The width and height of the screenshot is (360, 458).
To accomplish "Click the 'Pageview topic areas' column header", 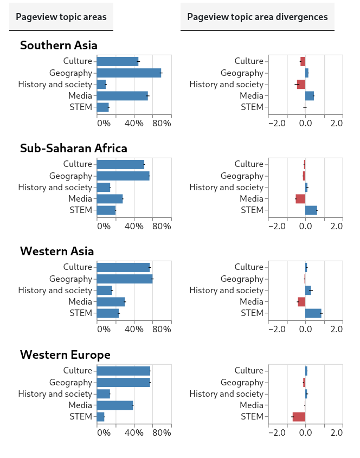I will (x=61, y=17).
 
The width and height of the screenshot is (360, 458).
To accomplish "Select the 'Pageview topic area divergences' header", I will (x=257, y=17).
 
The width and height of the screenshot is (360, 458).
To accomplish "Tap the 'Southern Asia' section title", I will (x=59, y=46).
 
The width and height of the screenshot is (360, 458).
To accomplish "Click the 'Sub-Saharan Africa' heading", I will (x=73, y=149).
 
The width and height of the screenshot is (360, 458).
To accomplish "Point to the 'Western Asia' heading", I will (x=57, y=251).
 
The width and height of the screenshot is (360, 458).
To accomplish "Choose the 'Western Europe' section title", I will (x=65, y=355).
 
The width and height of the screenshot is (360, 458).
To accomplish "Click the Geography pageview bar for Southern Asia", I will (x=129, y=73).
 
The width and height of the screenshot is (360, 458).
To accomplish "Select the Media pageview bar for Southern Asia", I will (x=123, y=96).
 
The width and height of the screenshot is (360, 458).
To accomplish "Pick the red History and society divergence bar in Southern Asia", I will (x=301, y=85).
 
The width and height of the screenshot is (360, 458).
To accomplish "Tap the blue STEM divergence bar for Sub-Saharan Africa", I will (x=311, y=210).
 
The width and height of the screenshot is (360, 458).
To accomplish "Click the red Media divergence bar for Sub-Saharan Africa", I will (x=300, y=199).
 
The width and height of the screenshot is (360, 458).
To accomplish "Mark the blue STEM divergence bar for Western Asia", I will (x=313, y=313).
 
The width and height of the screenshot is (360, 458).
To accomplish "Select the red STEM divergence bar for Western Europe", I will (x=299, y=417).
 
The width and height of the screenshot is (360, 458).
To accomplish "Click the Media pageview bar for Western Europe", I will (x=115, y=405).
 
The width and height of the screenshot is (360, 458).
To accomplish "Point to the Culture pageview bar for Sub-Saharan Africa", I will (x=120, y=164).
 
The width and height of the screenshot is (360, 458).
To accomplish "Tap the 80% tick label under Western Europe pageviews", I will (x=162, y=433).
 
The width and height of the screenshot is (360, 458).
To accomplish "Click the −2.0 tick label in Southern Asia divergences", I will (x=277, y=123).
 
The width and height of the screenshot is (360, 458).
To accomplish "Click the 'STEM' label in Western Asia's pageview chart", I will (x=81, y=313).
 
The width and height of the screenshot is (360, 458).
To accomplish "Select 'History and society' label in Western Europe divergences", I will (x=227, y=394).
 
